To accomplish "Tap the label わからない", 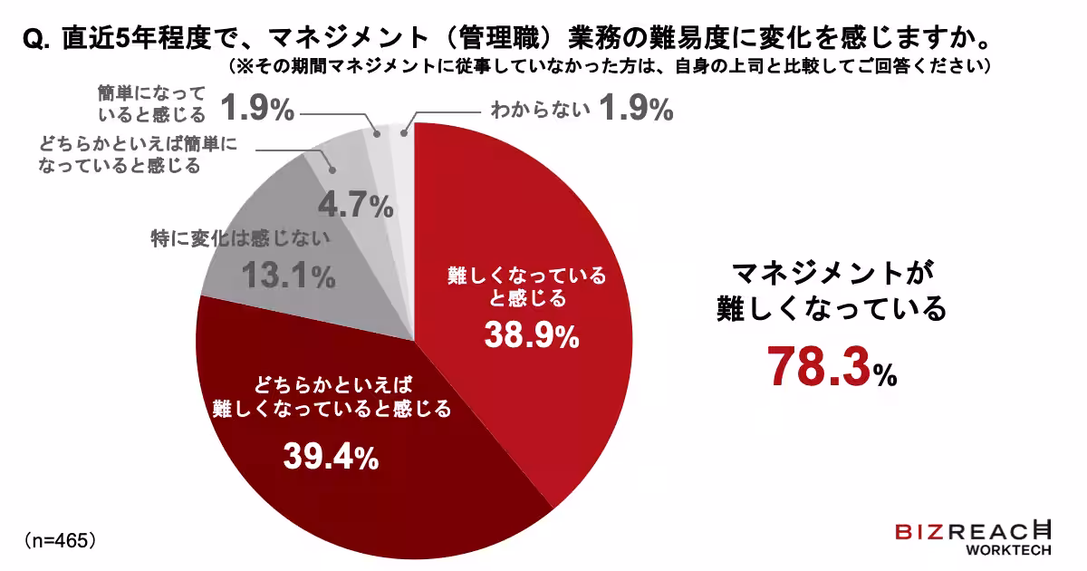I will coord(541,111).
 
